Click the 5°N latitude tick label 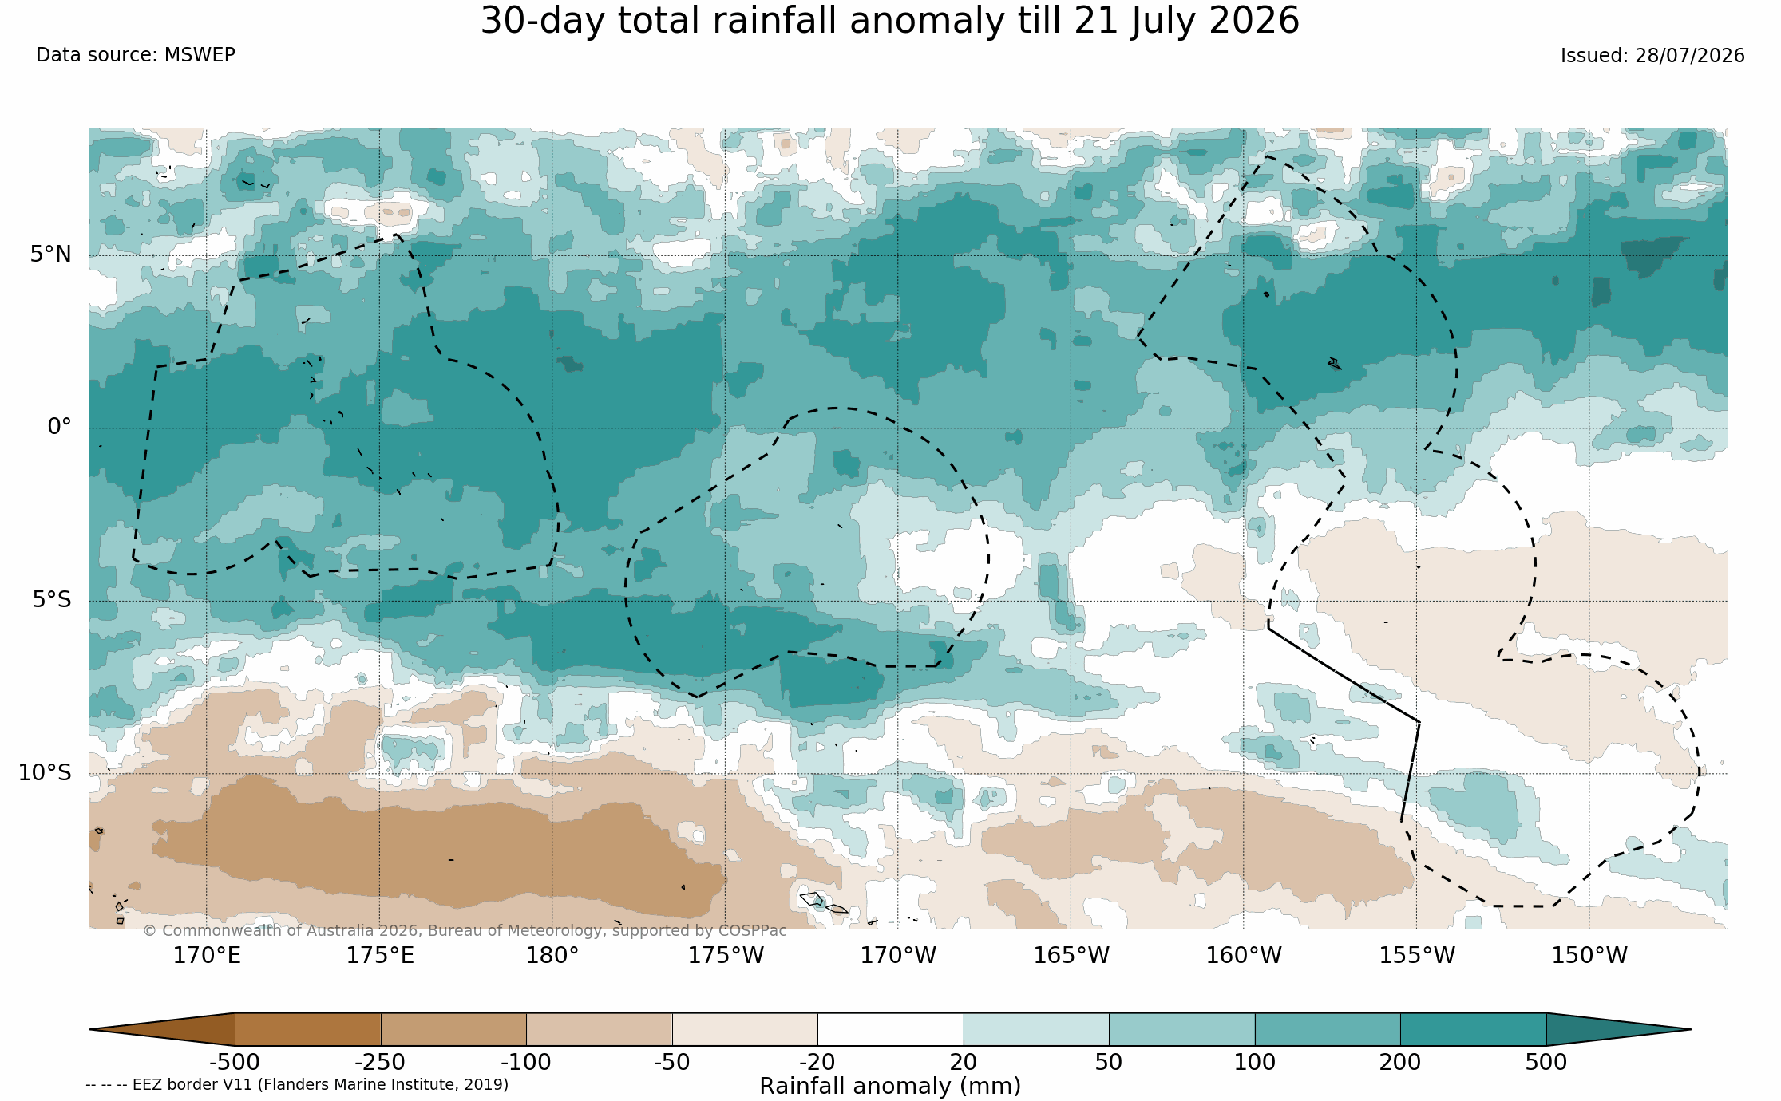[x=50, y=255]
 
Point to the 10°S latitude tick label [x=45, y=773]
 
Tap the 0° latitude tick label [x=59, y=427]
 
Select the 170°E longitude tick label [x=207, y=955]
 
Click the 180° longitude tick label [x=552, y=955]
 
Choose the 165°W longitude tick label [x=1071, y=955]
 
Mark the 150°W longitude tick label [x=1589, y=955]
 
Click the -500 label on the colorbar [x=235, y=1063]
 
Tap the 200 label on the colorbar [x=1400, y=1063]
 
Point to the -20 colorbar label [x=817, y=1063]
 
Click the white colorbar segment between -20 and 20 [x=890, y=1029]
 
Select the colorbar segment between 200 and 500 [x=1473, y=1029]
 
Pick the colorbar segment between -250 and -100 [x=453, y=1029]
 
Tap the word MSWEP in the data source [x=200, y=55]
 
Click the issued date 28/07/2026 [x=1689, y=56]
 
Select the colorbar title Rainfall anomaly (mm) [x=890, y=1087]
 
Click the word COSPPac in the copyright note [x=752, y=931]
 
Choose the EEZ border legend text [x=297, y=1085]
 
